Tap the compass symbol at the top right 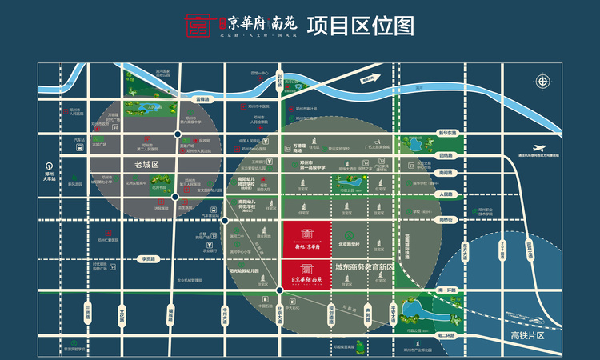543,81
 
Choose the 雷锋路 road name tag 202,99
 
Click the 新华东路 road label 446,133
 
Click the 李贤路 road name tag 147,258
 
